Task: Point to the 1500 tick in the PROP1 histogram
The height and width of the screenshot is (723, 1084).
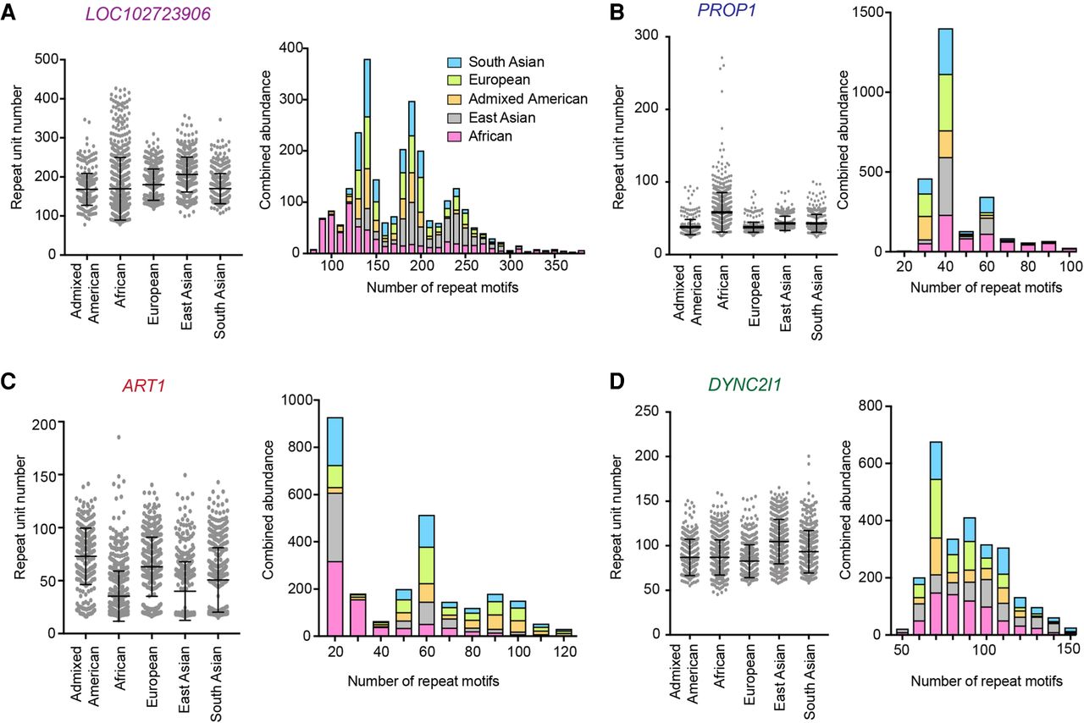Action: tap(889, 13)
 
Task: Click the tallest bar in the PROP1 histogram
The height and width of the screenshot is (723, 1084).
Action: tap(968, 140)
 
